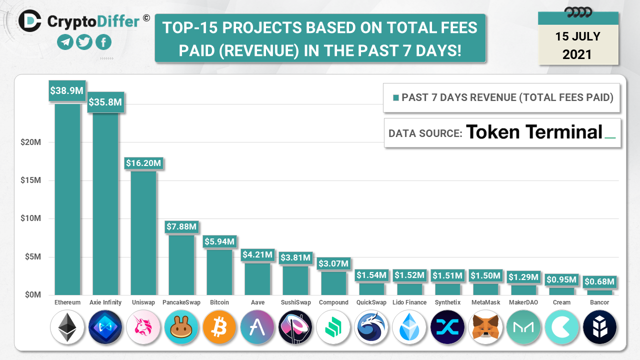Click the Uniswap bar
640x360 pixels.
(x=143, y=232)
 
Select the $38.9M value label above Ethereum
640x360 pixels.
(x=67, y=90)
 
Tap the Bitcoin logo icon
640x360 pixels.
(x=219, y=327)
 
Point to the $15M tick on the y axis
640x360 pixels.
(x=30, y=180)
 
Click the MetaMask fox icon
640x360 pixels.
(x=485, y=327)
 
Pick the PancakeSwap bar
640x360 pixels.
(x=181, y=264)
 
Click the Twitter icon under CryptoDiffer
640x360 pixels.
(x=84, y=42)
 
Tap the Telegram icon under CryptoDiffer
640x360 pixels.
(x=65, y=42)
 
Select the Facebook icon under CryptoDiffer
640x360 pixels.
(x=103, y=42)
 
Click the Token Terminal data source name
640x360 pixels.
(x=534, y=132)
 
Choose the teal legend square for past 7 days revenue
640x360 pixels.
(x=396, y=98)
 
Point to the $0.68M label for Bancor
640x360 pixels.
(x=599, y=282)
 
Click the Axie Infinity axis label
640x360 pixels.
(x=105, y=302)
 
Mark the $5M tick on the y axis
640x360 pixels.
(x=32, y=257)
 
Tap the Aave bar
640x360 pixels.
(x=257, y=278)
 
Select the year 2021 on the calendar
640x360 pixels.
(x=577, y=54)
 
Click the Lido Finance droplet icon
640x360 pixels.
(x=409, y=327)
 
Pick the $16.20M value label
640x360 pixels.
(x=143, y=163)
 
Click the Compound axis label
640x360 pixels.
(x=333, y=302)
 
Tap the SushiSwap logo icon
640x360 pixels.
(x=295, y=327)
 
